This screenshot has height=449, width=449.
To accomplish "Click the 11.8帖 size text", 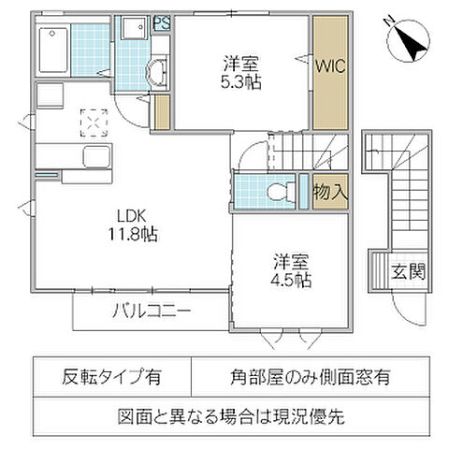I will [131, 235].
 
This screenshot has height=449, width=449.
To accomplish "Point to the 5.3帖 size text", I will [241, 81].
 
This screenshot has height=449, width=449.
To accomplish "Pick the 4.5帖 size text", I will [292, 280].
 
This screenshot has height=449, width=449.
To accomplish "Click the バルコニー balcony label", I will [153, 311].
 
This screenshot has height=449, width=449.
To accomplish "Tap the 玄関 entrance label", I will [409, 272].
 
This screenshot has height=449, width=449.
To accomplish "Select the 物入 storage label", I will [330, 193].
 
